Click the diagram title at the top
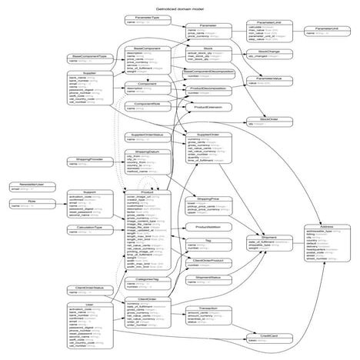click(179, 6)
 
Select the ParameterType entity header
click(142, 16)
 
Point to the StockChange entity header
click(258, 52)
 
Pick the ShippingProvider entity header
click(86, 159)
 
